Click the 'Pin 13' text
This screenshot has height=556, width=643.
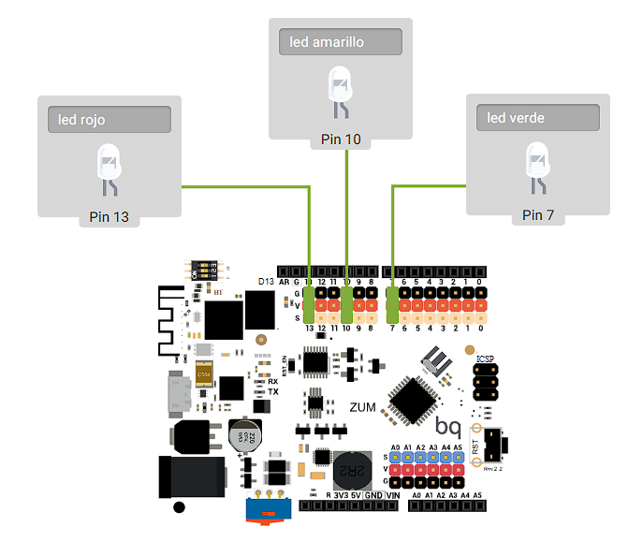click(x=109, y=217)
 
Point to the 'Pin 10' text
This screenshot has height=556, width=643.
click(x=341, y=139)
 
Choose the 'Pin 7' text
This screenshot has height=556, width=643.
click(x=538, y=215)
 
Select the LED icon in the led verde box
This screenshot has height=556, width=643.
click(x=537, y=167)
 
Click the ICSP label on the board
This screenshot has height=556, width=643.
click(x=485, y=358)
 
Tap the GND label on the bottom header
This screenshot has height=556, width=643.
click(x=373, y=494)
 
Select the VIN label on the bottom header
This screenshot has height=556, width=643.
click(x=394, y=494)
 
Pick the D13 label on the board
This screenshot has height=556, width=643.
click(x=265, y=281)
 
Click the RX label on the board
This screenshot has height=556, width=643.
click(x=272, y=381)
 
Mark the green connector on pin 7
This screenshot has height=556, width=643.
click(x=393, y=304)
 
